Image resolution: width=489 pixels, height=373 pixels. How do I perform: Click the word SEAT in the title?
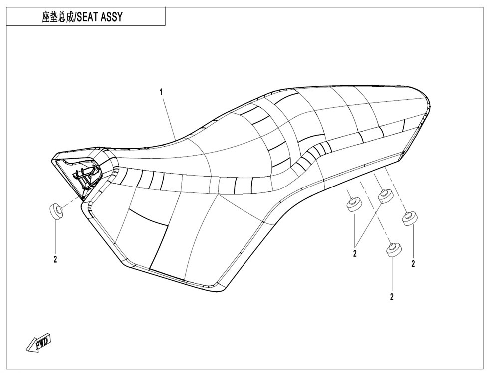pos(88,17)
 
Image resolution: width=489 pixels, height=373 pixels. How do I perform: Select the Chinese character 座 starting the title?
pos(46,17)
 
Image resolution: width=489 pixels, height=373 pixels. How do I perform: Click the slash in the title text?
pos(75,17)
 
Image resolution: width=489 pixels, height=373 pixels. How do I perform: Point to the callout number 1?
pos(161,92)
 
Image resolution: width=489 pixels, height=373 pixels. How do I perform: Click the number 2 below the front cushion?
pos(55,259)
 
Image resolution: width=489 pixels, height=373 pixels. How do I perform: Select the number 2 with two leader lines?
pos(355,254)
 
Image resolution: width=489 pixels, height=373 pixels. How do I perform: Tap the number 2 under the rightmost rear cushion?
pos(413,264)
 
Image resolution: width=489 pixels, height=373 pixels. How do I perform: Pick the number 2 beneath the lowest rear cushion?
pos(392,297)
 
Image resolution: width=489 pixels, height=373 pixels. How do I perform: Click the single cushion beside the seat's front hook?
pos(56,211)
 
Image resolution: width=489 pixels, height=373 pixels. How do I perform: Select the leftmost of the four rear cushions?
pos(354,205)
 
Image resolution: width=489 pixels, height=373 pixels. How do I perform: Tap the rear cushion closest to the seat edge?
pos(385,196)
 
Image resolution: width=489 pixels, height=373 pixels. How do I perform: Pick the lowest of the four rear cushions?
pos(394,249)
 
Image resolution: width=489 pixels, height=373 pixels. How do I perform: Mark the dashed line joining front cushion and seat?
pos(71,202)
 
